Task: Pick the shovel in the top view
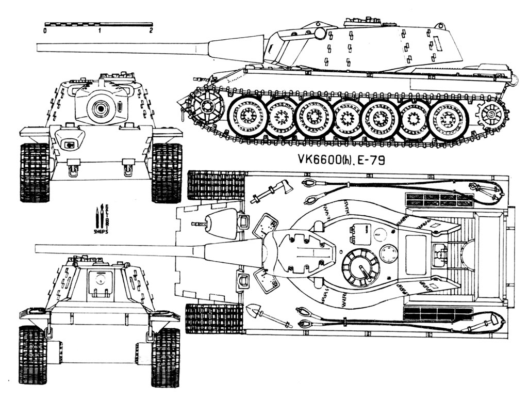click(x=263, y=315)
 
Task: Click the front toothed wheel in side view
click(x=207, y=107)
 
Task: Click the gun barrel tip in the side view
click(x=39, y=47)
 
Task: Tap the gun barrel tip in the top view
click(x=37, y=250)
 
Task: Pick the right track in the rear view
click(x=166, y=356)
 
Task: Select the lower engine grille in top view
click(x=438, y=313)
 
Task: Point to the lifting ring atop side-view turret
click(x=439, y=25)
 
